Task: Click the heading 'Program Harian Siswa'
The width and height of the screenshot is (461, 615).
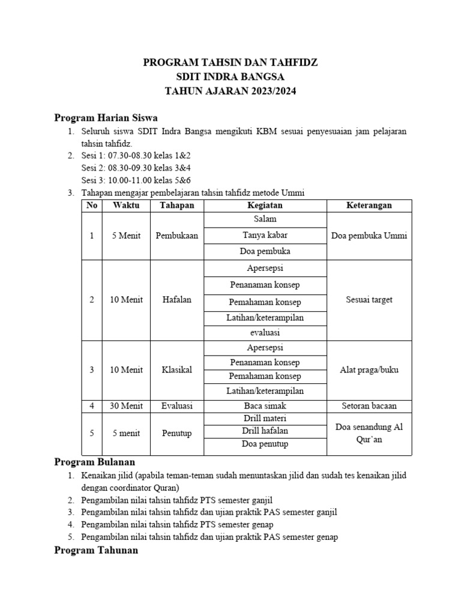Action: tap(106, 117)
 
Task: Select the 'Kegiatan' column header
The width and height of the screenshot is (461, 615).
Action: tap(265, 205)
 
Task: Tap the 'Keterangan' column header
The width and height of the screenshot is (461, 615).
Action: tap(369, 205)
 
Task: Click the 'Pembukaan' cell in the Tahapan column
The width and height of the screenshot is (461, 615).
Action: tap(176, 236)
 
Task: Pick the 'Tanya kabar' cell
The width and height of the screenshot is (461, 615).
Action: tap(265, 235)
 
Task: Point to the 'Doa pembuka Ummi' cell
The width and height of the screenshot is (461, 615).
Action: tap(369, 236)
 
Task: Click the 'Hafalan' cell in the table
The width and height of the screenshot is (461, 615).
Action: tap(176, 300)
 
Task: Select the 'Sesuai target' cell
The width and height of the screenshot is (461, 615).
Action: tap(369, 300)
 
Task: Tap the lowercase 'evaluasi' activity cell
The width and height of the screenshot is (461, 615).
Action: tap(265, 332)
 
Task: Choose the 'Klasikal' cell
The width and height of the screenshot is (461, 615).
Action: tap(176, 370)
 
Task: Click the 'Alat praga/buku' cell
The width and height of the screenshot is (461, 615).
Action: tap(369, 370)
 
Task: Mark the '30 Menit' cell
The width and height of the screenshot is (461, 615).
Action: tap(126, 406)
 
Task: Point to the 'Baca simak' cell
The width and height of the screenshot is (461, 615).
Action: tap(265, 406)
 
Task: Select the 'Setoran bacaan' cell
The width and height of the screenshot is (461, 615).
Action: tap(369, 406)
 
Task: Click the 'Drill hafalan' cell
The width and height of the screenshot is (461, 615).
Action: tap(265, 431)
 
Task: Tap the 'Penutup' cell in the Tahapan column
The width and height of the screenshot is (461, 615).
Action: tap(176, 433)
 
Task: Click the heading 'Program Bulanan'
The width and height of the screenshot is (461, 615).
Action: tap(95, 462)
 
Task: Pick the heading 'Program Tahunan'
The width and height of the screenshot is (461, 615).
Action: tap(96, 550)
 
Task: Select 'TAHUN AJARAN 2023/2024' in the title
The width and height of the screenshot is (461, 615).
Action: tap(230, 92)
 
